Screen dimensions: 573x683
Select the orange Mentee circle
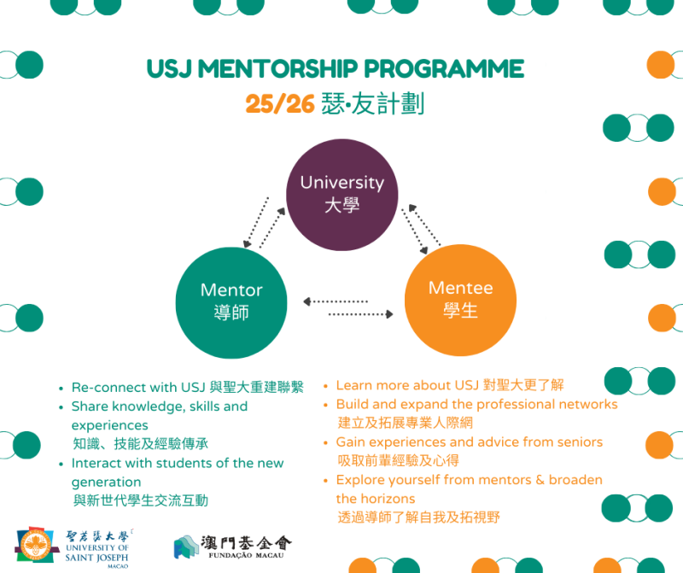(460, 299)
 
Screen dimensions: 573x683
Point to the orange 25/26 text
(280, 104)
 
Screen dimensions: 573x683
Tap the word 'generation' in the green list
(106, 482)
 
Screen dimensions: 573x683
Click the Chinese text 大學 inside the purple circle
(341, 206)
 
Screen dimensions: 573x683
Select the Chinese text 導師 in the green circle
(231, 313)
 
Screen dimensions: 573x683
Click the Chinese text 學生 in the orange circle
(460, 311)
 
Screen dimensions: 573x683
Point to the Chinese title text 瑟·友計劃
(373, 104)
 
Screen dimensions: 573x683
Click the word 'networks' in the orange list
(587, 404)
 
